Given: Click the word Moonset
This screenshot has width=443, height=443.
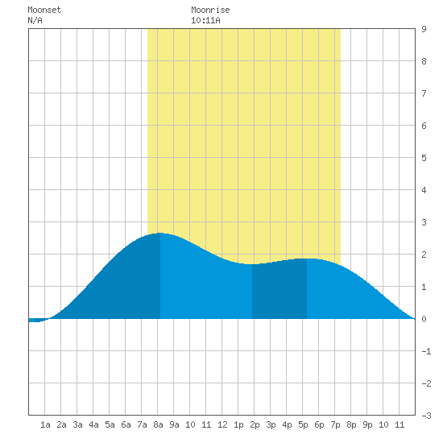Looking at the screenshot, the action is (44, 10).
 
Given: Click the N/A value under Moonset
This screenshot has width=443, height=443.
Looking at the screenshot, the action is (35, 20).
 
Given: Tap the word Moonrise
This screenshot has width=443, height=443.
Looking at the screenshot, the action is (210, 10).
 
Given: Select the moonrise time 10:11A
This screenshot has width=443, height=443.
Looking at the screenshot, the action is (205, 20).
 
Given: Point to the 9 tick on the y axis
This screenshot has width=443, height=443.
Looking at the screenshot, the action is (424, 29).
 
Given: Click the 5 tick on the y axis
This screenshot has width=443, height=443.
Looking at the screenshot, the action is (424, 158).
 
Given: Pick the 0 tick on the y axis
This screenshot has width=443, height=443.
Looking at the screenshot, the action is (424, 319).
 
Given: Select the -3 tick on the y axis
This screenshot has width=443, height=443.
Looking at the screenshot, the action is (426, 416).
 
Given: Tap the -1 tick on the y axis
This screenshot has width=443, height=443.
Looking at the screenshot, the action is (426, 351).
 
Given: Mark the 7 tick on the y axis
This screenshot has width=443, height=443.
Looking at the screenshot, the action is (424, 93).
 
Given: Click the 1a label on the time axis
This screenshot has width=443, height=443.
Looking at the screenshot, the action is (45, 424).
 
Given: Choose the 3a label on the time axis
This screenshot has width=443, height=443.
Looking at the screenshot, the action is (77, 424).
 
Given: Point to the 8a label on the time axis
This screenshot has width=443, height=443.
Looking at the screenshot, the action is (158, 424).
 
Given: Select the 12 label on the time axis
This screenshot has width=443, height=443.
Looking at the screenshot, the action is (222, 424).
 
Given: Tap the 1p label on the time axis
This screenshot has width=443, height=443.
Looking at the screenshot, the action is (238, 424).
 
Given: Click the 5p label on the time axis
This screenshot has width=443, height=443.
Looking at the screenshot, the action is (303, 424).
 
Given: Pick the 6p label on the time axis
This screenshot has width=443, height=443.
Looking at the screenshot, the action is (319, 424).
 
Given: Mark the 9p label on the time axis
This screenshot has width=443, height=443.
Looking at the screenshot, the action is (367, 424).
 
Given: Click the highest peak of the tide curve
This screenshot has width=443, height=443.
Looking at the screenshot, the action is (160, 233).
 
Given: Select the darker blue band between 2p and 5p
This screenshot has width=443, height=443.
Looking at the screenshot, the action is (279, 290).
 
